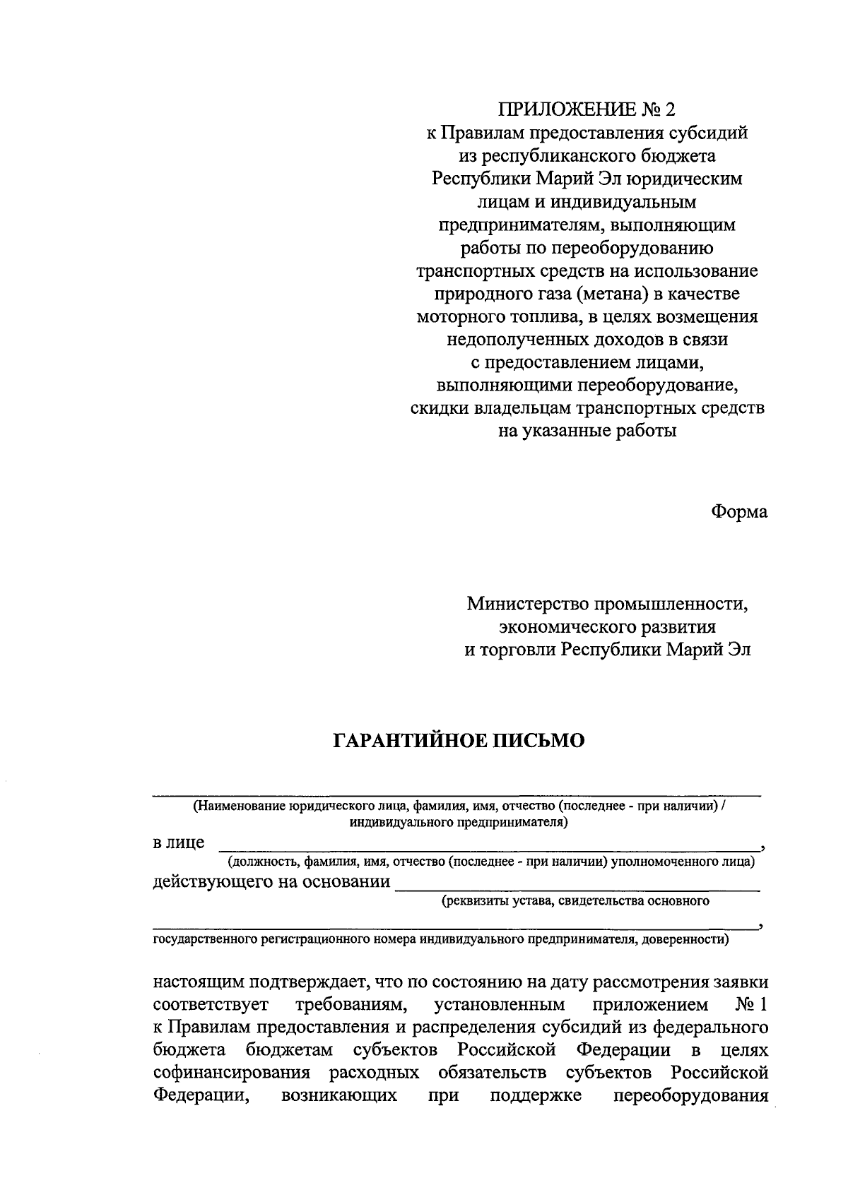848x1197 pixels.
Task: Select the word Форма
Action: pyautogui.click(x=738, y=512)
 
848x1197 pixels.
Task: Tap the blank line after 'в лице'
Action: pyautogui.click(x=488, y=845)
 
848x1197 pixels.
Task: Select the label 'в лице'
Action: pyautogui.click(x=179, y=842)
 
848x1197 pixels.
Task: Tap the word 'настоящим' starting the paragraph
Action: pyautogui.click(x=199, y=982)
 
